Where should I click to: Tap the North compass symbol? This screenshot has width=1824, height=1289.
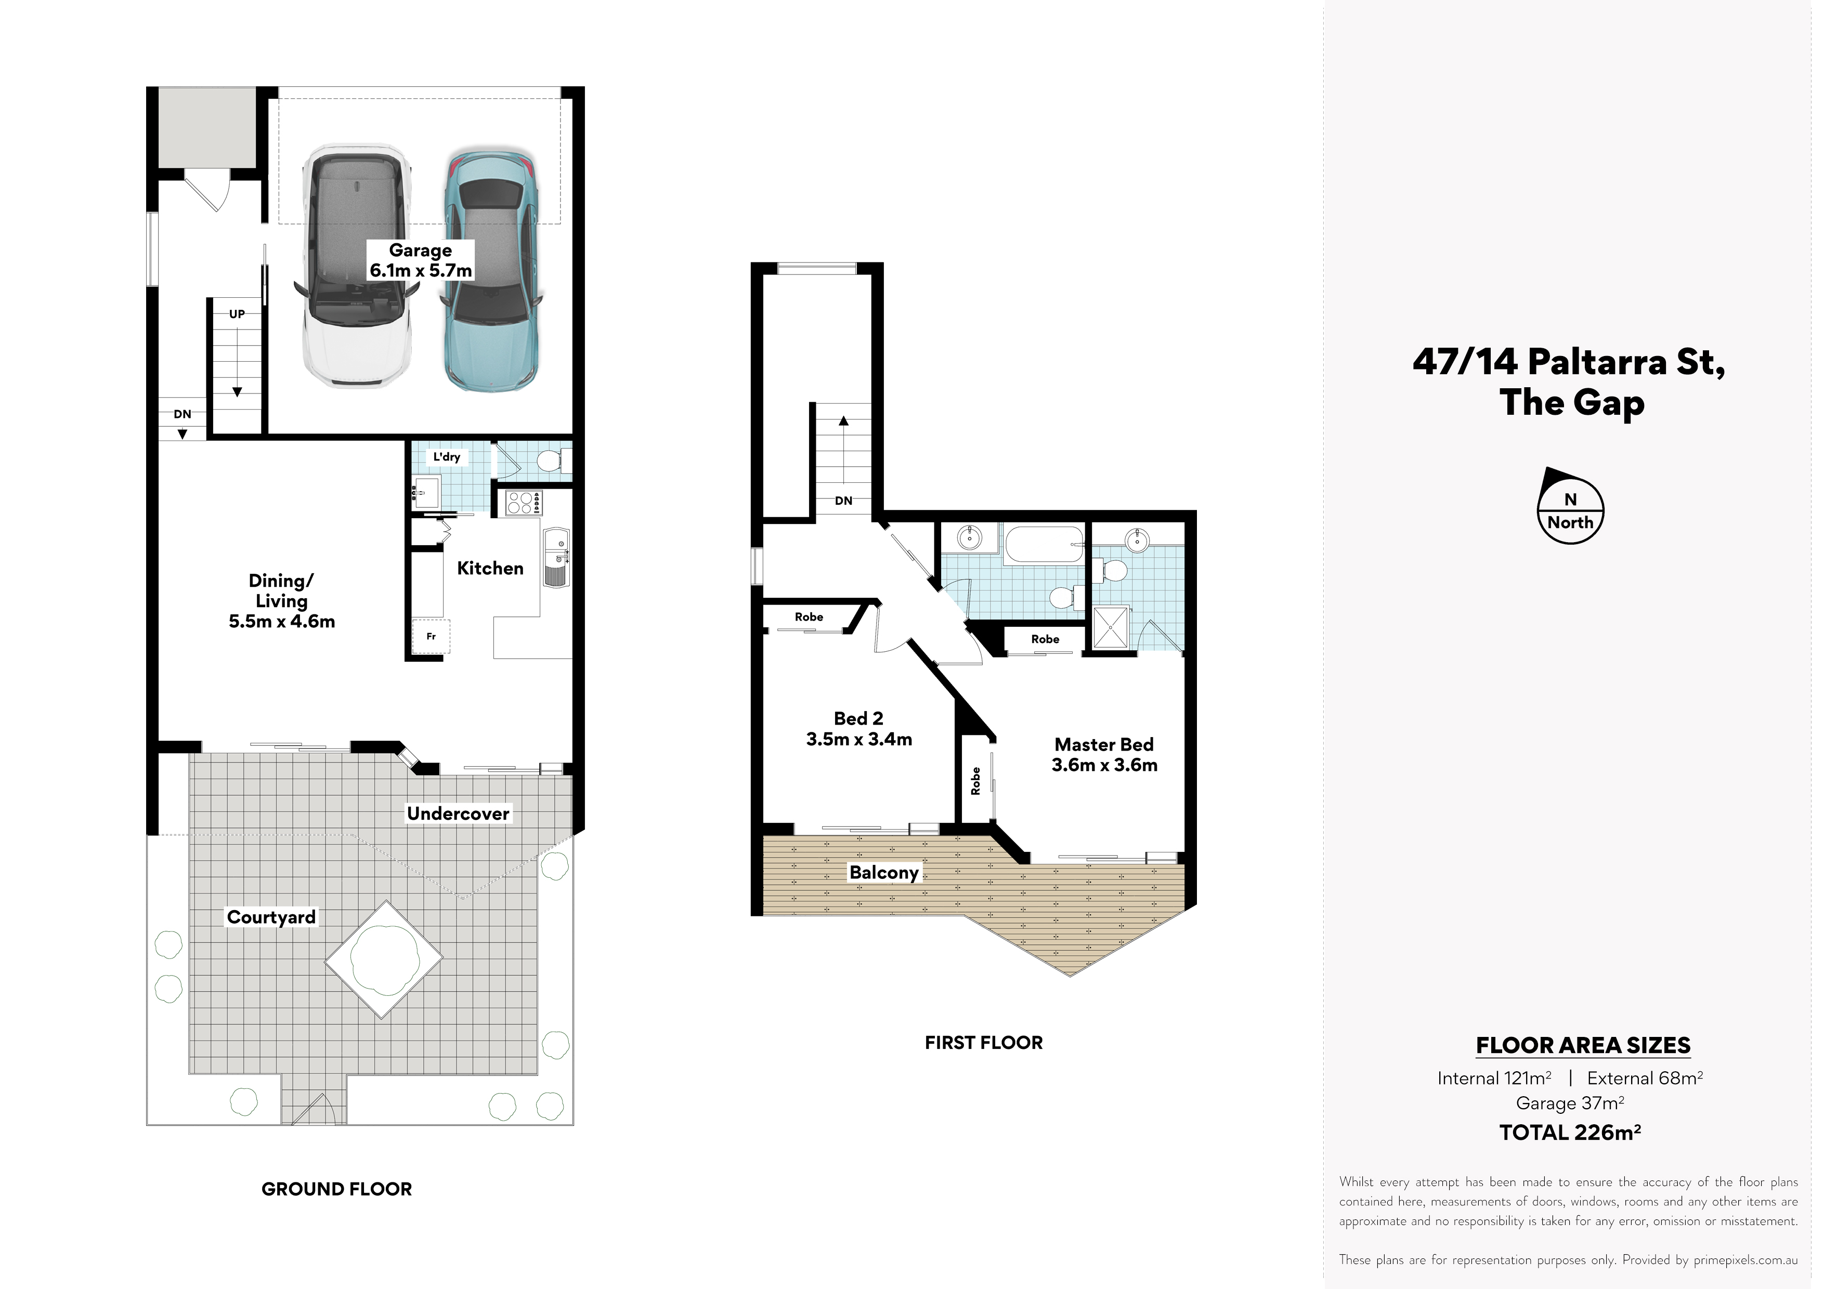tap(1571, 506)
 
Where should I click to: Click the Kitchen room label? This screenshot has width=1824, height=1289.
tap(490, 568)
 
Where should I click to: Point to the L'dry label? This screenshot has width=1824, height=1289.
tap(447, 457)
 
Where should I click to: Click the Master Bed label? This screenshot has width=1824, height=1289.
tap(1104, 755)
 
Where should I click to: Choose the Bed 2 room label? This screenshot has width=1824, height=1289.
tap(859, 728)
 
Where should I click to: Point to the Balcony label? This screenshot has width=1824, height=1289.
tap(884, 872)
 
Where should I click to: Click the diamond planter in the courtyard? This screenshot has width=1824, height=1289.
tap(384, 959)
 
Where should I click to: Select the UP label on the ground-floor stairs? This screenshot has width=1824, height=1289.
tap(237, 314)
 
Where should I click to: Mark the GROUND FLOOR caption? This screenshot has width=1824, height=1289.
tap(337, 1189)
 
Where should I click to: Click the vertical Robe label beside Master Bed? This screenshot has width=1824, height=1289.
tap(975, 782)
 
